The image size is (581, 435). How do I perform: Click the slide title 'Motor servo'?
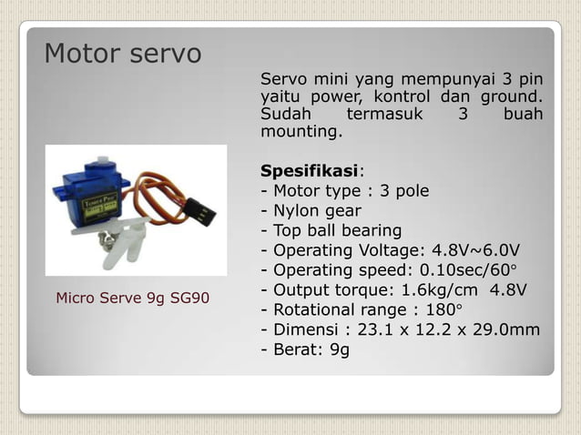pyautogui.click(x=123, y=54)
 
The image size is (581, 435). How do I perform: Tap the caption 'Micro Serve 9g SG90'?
pyautogui.click(x=133, y=298)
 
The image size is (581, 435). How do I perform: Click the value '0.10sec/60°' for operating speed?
pyautogui.click(x=465, y=270)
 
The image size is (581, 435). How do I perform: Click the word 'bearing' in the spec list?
pyautogui.click(x=371, y=230)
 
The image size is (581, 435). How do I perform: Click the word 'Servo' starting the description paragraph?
pyautogui.click(x=283, y=76)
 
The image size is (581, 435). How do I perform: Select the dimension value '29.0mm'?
pyautogui.click(x=505, y=330)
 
